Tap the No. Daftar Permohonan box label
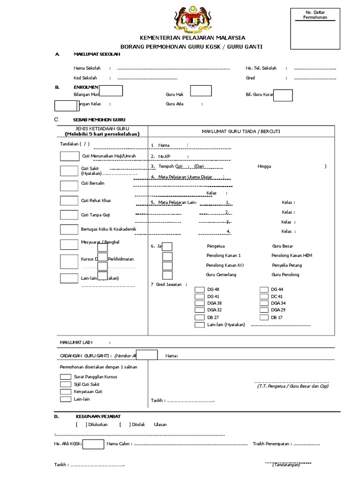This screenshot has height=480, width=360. click(x=315, y=14)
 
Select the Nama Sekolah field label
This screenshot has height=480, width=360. click(x=87, y=68)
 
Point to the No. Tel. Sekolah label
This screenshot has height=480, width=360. click(x=261, y=68)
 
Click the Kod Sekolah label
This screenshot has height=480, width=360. click(x=85, y=78)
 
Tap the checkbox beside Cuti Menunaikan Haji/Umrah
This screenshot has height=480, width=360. click(x=69, y=156)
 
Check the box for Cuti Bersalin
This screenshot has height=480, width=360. click(x=69, y=186)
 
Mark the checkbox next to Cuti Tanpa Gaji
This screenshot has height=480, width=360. click(x=69, y=215)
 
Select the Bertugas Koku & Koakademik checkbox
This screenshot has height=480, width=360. click(x=69, y=229)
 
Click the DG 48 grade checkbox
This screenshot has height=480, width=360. click(x=200, y=290)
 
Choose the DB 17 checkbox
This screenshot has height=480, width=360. click(x=264, y=318)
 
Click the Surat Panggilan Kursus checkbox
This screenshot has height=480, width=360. click(x=66, y=377)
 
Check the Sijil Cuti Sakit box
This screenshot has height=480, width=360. click(x=66, y=384)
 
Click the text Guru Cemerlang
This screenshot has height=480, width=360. click(x=221, y=275)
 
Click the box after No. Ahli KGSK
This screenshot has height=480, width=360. click(x=93, y=444)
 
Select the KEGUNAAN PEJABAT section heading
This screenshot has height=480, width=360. click(x=98, y=416)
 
